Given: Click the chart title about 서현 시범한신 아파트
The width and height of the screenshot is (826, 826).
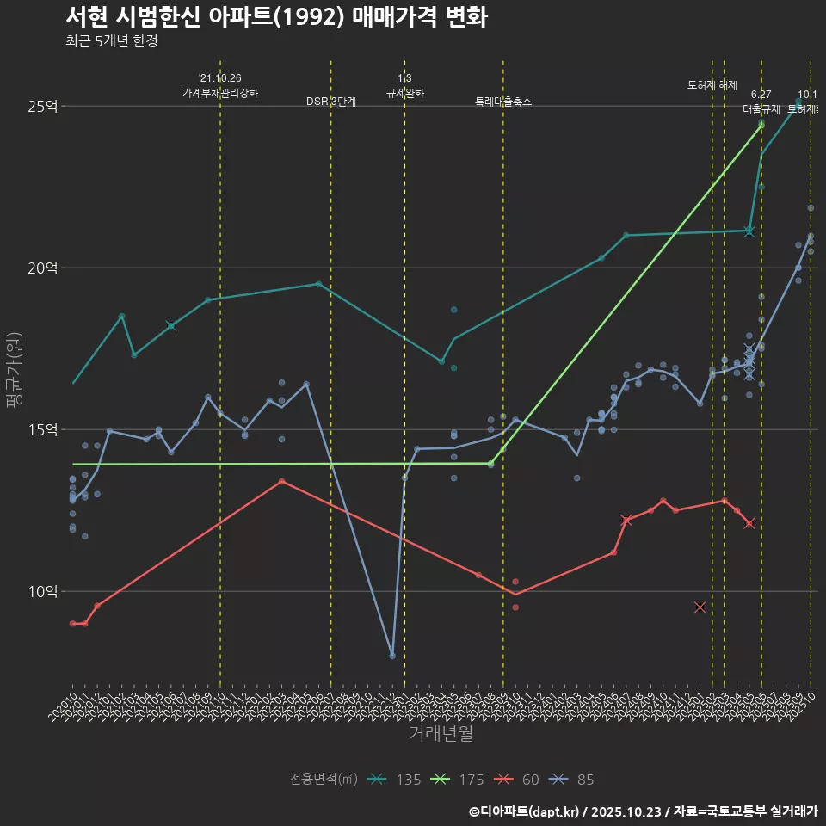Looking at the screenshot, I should coord(276,17).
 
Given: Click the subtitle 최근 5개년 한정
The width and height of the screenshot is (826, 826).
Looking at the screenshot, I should coord(111,41).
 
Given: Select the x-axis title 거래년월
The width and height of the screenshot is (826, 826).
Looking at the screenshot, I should coord(441,734).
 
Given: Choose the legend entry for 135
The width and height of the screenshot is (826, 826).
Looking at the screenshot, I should coord(395,780).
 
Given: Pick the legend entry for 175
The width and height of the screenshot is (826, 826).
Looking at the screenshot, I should coord(459,780).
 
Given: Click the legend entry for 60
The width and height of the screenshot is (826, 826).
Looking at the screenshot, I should coord(518,780).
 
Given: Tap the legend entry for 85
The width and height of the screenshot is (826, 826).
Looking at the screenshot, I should coord(572,780).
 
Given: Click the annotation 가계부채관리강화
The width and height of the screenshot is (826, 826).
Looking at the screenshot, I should coord(219,93).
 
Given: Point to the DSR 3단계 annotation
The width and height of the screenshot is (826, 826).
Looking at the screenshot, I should coord(331,102).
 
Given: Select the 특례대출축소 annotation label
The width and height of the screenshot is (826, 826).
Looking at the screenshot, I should coord(503,102).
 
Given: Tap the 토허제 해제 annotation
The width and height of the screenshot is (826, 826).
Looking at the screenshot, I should coord(712,85).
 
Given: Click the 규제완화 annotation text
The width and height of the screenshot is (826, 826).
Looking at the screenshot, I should coord(404,93).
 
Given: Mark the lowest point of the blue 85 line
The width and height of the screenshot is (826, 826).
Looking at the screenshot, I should coord(392,656).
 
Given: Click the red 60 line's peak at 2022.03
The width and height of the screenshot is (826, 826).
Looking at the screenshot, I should coord(281,481).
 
